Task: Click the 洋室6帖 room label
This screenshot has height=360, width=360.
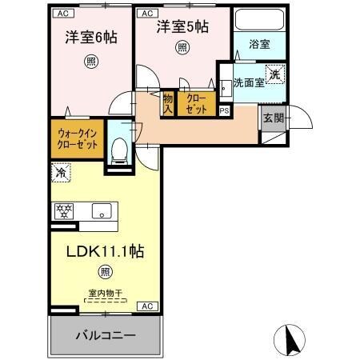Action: pos(86,38)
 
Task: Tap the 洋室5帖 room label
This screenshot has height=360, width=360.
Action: pos(182,26)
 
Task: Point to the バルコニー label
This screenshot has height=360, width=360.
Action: pos(106,334)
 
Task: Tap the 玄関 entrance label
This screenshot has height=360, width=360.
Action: pos(273,117)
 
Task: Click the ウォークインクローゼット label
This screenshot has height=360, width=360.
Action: pos(78,139)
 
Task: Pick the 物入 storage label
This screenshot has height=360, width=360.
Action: pos(168,102)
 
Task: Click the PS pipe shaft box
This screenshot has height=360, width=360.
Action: pos(224,111)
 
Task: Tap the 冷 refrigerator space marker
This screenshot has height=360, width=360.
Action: pos(60,171)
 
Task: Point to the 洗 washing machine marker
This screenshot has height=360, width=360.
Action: pos(273,72)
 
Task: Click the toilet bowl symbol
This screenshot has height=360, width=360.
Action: pos(121,147)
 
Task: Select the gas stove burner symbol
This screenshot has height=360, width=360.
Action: pos(64,211)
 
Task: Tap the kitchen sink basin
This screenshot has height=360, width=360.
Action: pos(102,211)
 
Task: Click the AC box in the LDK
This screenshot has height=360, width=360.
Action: pos(147,306)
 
